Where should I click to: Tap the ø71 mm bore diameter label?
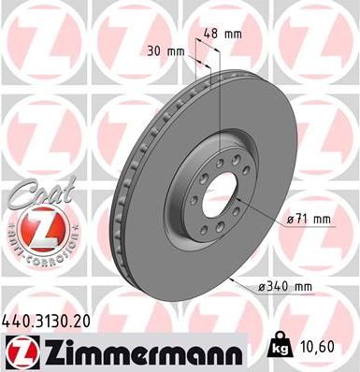310,219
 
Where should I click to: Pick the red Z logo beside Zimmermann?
19,351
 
